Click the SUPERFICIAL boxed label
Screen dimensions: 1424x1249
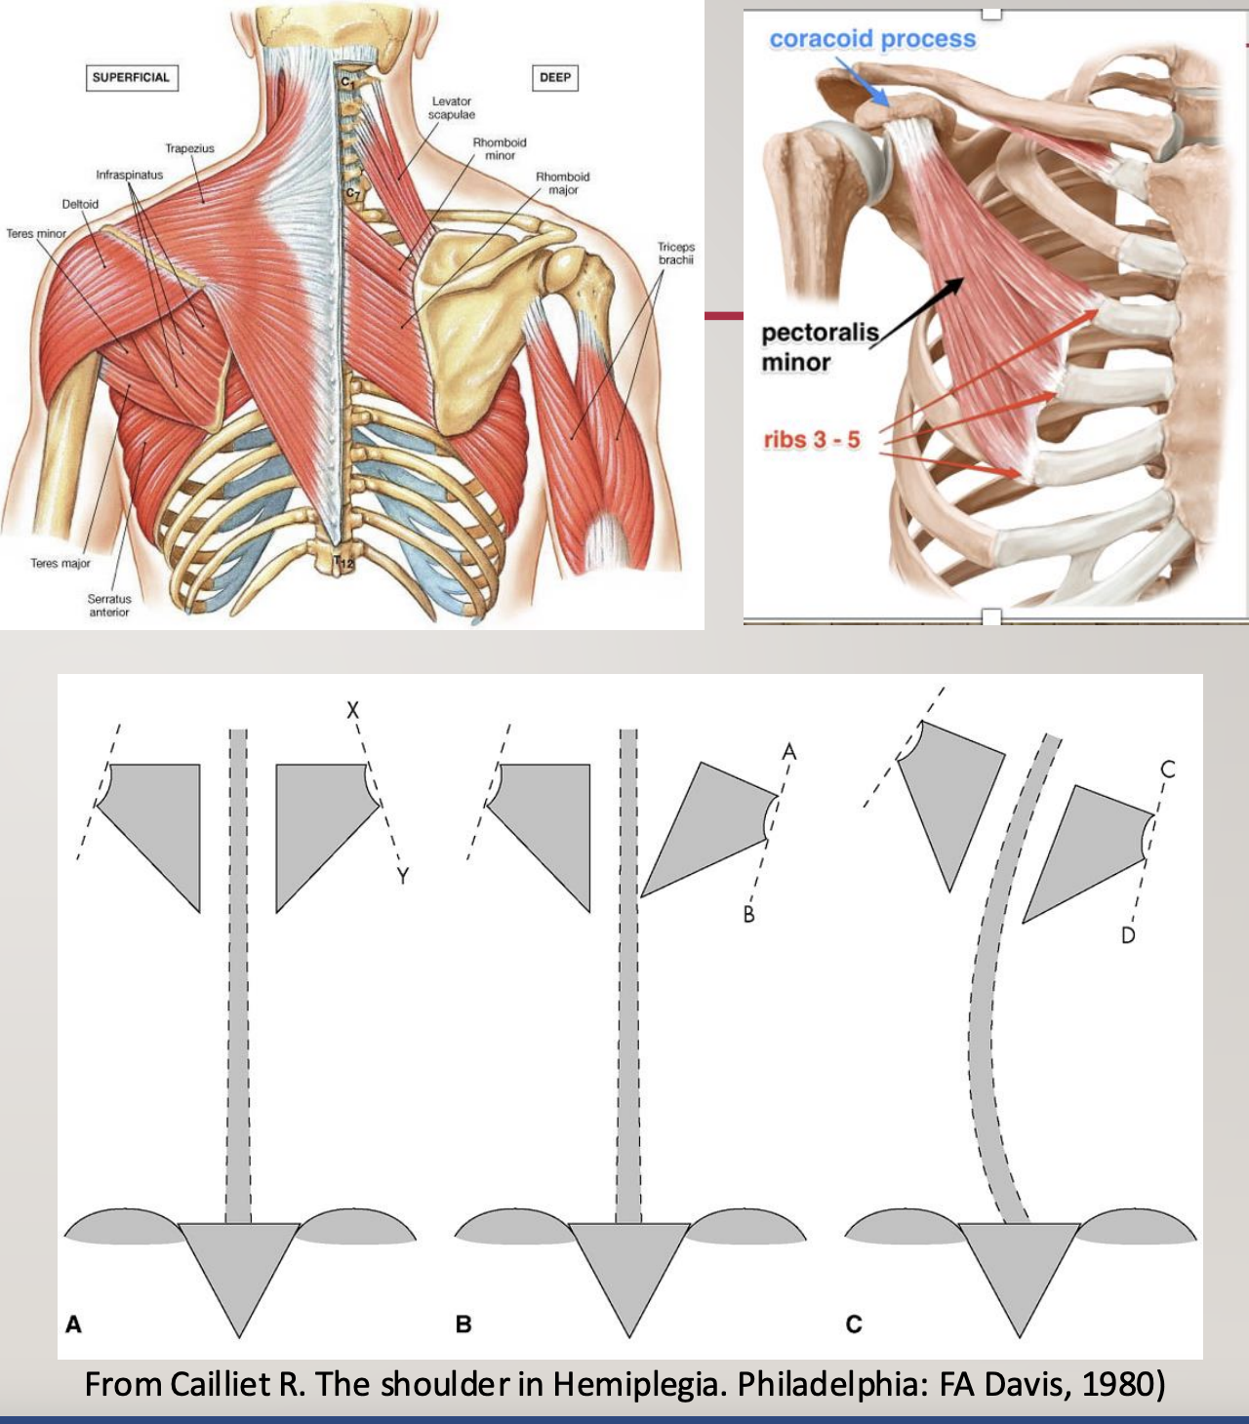[131, 77]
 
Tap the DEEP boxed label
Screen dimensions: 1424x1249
[555, 77]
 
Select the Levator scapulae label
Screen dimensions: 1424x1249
[452, 107]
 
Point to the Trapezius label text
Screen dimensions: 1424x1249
[189, 148]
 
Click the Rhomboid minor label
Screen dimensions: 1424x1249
[500, 148]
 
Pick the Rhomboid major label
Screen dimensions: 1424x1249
[563, 183]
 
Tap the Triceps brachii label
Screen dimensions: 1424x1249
[675, 254]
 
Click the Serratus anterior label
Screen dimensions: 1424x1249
[109, 606]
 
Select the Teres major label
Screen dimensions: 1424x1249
[60, 563]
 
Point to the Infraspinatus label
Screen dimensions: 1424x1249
[129, 175]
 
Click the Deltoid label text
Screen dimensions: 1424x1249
[80, 204]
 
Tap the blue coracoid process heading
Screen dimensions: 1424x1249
[872, 39]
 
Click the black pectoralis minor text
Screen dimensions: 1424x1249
[820, 347]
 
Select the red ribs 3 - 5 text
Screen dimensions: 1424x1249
[812, 440]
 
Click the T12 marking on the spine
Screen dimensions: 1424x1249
[342, 561]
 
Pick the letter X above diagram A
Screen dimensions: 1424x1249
[353, 710]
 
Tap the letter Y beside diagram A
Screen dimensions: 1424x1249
[402, 875]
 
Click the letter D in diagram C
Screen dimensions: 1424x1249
[1128, 935]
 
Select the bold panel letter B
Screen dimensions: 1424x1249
[463, 1324]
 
